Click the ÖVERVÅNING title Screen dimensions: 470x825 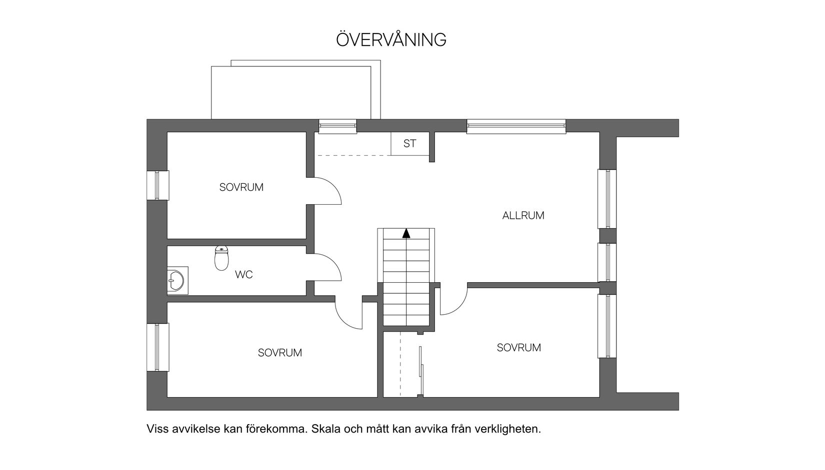[391, 40]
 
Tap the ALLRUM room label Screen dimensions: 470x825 [523, 216]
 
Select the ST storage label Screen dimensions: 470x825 [409, 144]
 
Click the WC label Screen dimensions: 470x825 [243, 275]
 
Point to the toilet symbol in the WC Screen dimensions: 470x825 [221, 258]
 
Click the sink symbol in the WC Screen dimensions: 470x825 [175, 280]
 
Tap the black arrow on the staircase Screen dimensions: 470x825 [406, 233]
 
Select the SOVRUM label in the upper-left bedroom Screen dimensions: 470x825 [241, 188]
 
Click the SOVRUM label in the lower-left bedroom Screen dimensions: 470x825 [279, 353]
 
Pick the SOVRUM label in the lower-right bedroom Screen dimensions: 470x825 [518, 348]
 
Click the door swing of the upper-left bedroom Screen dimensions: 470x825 [327, 191]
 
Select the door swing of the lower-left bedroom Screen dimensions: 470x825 [348, 315]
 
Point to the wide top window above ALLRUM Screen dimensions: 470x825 [516, 127]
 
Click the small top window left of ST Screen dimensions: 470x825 [337, 127]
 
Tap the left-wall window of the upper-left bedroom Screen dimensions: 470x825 [157, 186]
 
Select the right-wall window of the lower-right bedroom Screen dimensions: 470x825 [607, 326]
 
